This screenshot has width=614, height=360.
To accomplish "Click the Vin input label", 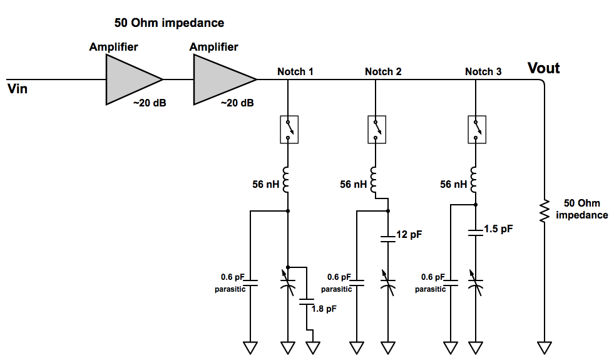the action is (x=18, y=88).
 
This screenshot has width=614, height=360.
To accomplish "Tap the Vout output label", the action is (x=543, y=68).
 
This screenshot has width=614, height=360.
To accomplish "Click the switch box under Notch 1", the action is (x=289, y=129).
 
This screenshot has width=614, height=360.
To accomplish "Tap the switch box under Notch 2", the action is (x=377, y=129).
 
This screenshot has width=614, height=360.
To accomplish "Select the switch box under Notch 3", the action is (x=477, y=129).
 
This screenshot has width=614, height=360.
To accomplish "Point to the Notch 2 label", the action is (x=383, y=71).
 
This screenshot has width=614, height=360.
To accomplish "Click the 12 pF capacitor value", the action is (x=409, y=234).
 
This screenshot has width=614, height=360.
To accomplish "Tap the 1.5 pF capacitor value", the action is (x=498, y=229).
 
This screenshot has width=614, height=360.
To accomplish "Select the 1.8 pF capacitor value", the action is (x=324, y=309).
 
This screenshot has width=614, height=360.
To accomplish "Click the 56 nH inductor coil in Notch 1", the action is (x=286, y=180).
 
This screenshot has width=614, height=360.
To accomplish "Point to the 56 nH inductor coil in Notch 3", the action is (x=474, y=180).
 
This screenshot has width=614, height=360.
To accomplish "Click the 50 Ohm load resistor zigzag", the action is (x=544, y=211).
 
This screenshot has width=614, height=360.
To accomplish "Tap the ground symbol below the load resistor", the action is (x=545, y=347).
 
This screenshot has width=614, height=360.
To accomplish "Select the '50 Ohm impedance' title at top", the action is (x=169, y=23).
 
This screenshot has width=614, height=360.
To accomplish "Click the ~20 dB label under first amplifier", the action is (x=150, y=103).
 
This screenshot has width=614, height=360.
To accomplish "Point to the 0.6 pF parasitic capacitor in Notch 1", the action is (x=250, y=283).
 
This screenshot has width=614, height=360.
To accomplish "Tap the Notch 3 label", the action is (x=483, y=71).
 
